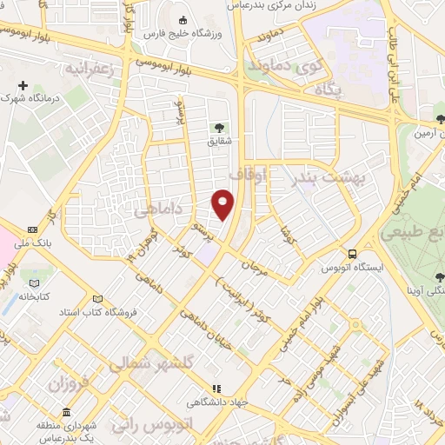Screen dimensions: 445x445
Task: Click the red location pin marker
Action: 223,203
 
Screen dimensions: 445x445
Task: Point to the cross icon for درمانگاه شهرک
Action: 23,86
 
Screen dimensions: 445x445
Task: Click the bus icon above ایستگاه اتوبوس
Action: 352,254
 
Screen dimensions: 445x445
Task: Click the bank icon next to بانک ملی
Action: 32,229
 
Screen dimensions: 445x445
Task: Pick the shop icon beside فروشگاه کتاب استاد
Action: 107,298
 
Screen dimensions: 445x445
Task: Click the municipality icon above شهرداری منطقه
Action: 66,412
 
